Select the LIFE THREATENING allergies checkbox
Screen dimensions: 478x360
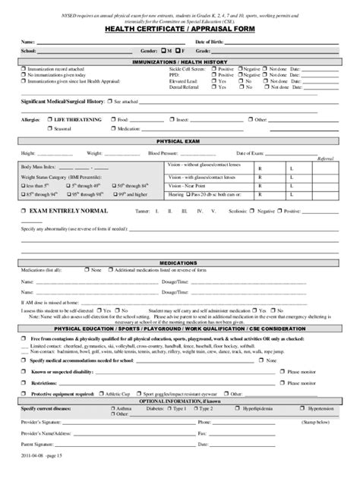point(46,120)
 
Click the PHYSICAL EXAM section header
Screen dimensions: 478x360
point(180,142)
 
